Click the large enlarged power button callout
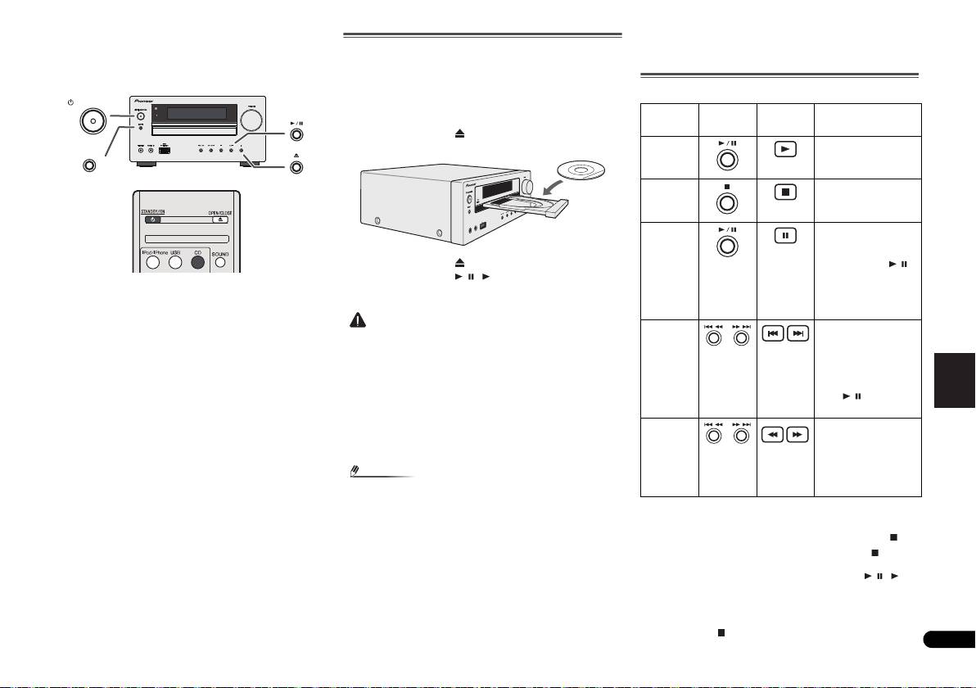coord(93,121)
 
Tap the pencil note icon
coord(355,472)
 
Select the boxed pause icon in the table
coord(784,236)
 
